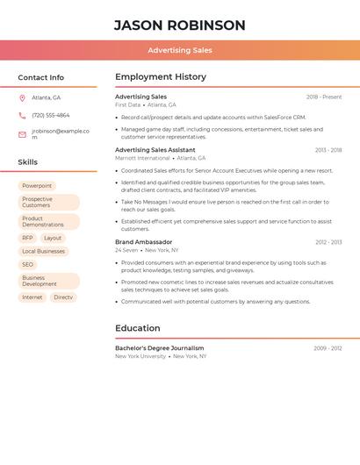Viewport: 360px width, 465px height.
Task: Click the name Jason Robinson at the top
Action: tap(179, 25)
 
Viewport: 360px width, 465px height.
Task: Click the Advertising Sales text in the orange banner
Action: tap(179, 50)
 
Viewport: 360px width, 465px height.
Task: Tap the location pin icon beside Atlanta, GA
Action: tap(22, 97)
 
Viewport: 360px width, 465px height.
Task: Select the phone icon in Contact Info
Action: tap(22, 115)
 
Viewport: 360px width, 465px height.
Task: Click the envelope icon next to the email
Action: tap(22, 134)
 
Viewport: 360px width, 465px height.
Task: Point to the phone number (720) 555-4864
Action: tap(51, 115)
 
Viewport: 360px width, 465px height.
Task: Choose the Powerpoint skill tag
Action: tap(37, 186)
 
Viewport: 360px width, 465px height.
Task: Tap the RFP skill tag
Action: tap(27, 238)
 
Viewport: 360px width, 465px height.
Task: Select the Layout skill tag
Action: tap(53, 238)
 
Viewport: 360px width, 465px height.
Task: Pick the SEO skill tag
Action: tap(27, 264)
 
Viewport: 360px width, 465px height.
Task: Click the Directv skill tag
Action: tap(63, 297)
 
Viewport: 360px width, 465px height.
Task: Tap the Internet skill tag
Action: tap(32, 297)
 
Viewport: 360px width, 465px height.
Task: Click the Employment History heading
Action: tap(160, 76)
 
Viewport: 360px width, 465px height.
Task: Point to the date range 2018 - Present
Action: tap(324, 97)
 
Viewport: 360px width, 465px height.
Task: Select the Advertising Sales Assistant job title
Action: tap(155, 150)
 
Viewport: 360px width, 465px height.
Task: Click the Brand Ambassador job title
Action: tap(143, 241)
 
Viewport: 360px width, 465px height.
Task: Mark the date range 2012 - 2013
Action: tap(328, 242)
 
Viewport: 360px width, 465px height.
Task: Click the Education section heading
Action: tap(138, 328)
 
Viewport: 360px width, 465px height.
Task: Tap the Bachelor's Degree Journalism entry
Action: tap(159, 348)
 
